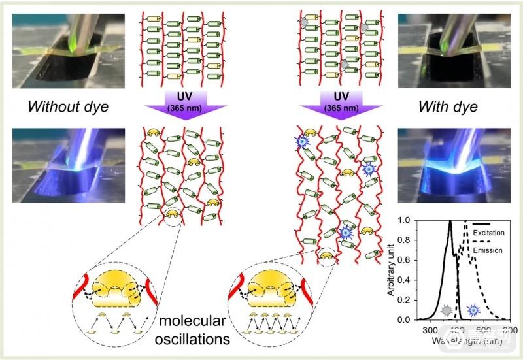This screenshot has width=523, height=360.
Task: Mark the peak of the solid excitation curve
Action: click(x=450, y=221)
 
